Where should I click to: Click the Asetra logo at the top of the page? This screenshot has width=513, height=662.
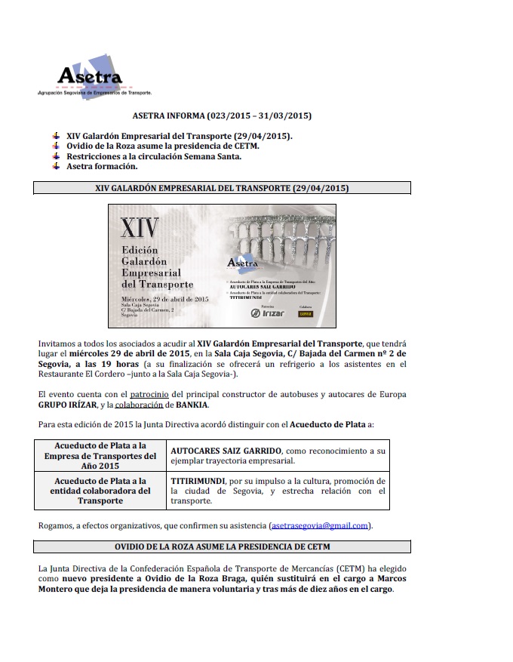[x=91, y=75]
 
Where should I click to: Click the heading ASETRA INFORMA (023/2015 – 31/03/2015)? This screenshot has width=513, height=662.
[x=222, y=115]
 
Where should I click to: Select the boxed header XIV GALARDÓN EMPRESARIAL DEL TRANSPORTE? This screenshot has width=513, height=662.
[x=222, y=187]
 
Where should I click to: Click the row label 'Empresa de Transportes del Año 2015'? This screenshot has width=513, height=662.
[x=100, y=455]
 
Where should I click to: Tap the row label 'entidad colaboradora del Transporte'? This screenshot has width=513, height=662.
[x=100, y=491]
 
